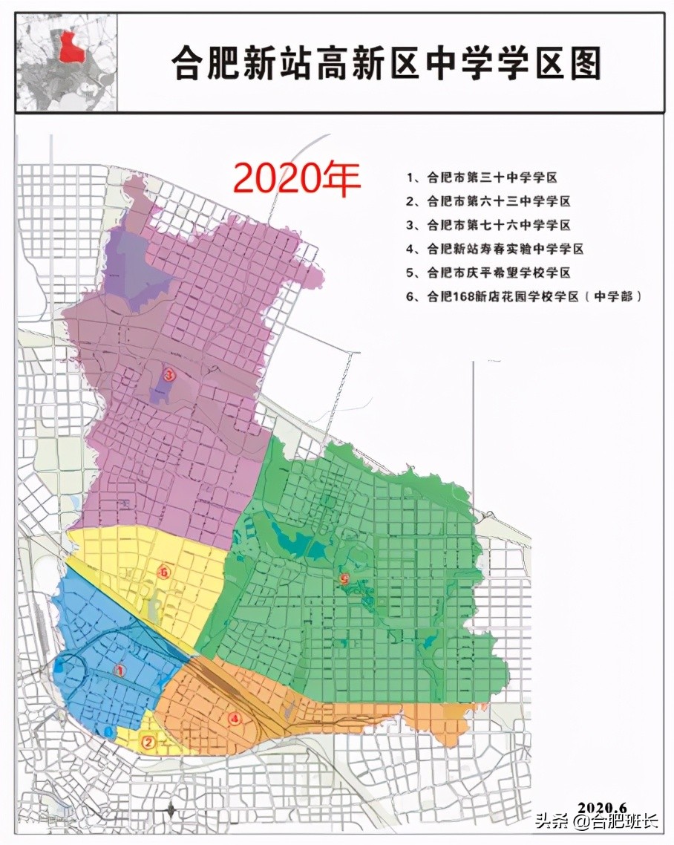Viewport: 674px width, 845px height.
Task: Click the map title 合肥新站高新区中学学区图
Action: [387, 62]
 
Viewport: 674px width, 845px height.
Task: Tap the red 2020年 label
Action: [297, 177]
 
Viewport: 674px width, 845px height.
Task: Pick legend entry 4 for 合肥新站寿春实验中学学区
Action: [505, 249]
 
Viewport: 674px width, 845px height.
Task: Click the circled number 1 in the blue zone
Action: [119, 671]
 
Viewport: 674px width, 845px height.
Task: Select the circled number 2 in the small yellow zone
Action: [148, 741]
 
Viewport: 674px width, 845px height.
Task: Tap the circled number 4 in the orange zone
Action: [235, 718]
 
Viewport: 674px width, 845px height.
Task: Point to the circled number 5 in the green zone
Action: [343, 579]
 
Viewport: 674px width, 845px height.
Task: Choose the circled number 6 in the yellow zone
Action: [164, 572]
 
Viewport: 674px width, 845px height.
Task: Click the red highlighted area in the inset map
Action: [71, 47]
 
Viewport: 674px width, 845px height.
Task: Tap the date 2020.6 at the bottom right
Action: [603, 807]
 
